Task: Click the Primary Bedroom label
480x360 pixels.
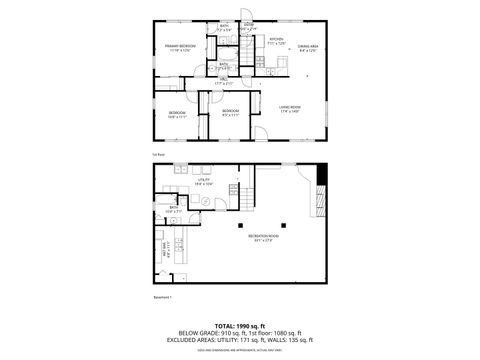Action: (x=180, y=47)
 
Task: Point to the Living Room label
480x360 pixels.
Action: (x=290, y=108)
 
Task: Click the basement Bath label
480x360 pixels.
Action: (x=171, y=211)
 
